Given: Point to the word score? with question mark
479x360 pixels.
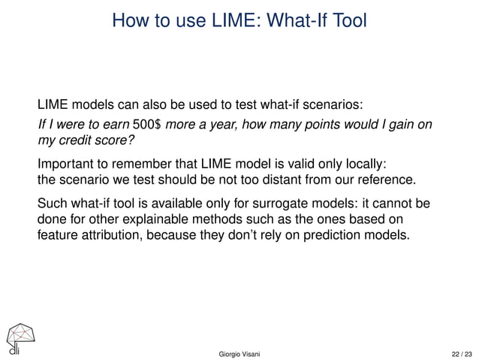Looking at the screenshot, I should click(120, 140).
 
